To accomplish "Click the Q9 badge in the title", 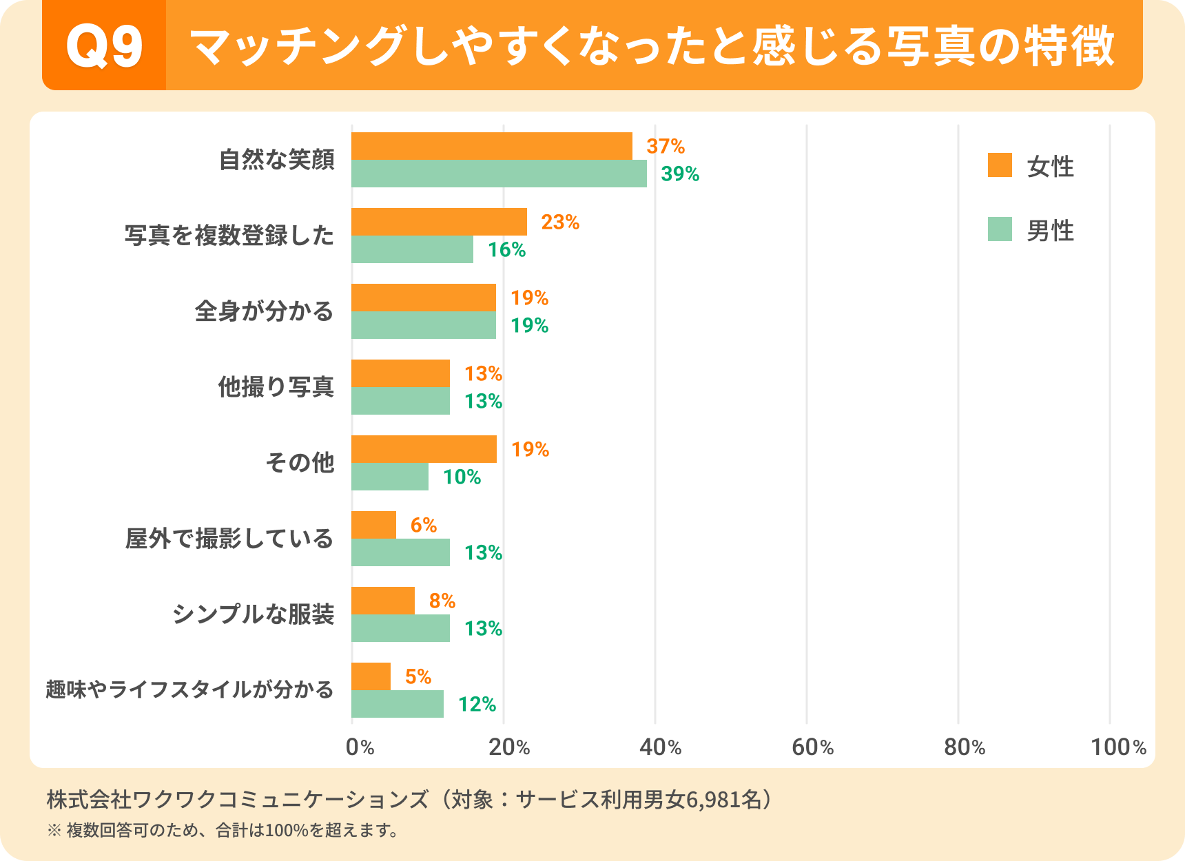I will (x=104, y=46).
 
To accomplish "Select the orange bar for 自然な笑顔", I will (x=491, y=146).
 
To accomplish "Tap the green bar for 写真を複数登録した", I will (x=412, y=249).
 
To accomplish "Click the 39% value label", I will (x=680, y=174).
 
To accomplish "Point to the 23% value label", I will (x=559, y=222).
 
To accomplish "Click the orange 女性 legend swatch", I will (x=1000, y=165).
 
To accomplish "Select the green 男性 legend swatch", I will (x=1000, y=229).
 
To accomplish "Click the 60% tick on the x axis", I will (x=812, y=747).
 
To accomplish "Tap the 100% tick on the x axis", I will (x=1117, y=747).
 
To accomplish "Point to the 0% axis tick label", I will (x=360, y=747).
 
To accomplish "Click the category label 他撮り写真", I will (x=276, y=387).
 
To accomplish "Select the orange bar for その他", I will (x=424, y=449).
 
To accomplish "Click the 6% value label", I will (x=423, y=526).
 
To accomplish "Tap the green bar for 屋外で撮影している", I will (x=400, y=552).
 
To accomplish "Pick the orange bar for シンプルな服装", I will (x=383, y=601).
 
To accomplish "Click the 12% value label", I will (x=477, y=705).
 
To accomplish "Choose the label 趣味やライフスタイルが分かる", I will (x=190, y=689).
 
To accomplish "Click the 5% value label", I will (x=418, y=677).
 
